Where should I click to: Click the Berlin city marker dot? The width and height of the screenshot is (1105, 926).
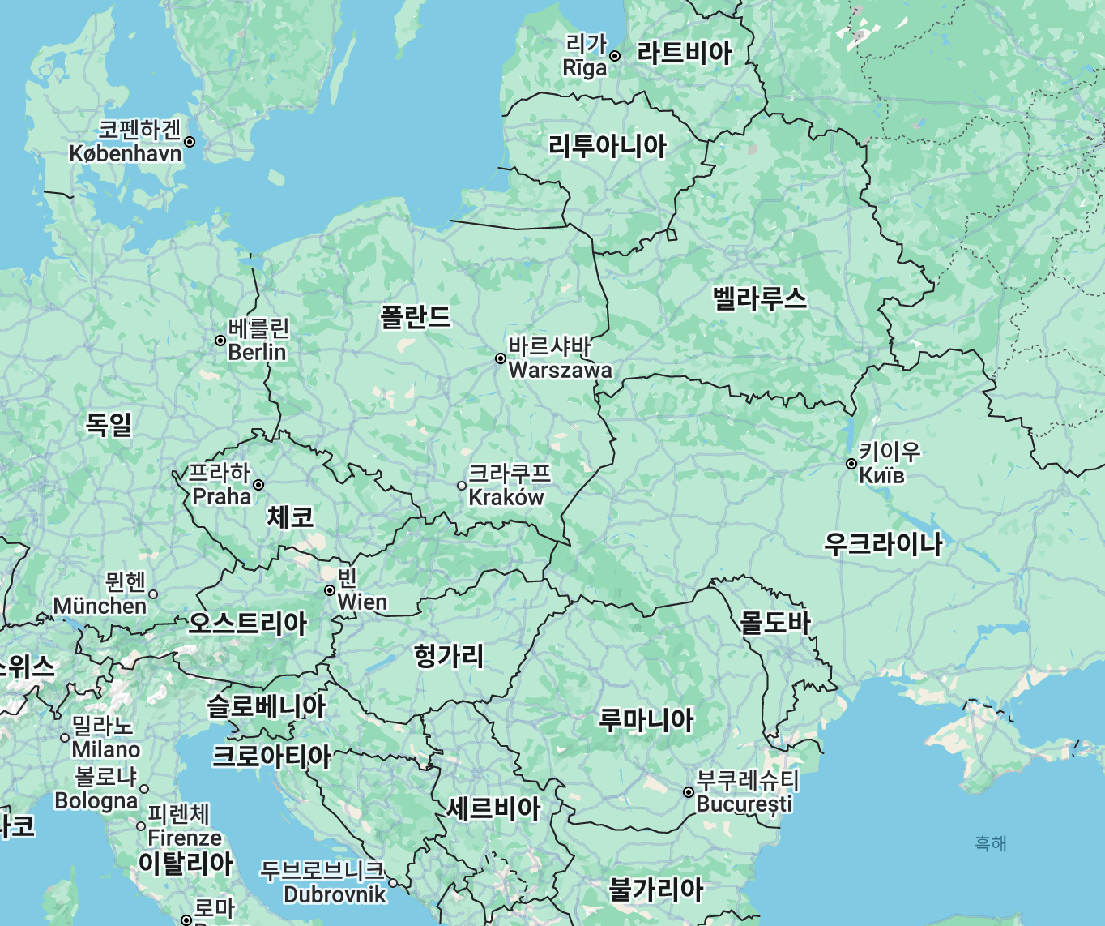click(220, 341)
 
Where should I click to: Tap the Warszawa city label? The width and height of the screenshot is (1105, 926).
click(560, 371)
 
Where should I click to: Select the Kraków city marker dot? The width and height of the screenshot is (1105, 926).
click(462, 486)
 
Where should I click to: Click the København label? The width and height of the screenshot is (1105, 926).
click(126, 153)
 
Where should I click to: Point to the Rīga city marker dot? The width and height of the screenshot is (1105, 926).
click(615, 56)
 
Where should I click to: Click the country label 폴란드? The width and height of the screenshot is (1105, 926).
click(416, 316)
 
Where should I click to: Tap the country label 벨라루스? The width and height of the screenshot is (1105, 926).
click(760, 298)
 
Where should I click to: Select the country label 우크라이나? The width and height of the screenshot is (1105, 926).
click(883, 543)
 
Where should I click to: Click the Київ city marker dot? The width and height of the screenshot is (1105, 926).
click(851, 464)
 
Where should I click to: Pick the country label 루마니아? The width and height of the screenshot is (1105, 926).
click(646, 719)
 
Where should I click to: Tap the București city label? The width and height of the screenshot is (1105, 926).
click(744, 804)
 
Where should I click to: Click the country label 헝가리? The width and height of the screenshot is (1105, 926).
click(449, 655)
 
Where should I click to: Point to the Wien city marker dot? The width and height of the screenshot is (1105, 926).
click(330, 590)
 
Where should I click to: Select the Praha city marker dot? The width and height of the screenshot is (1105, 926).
click(258, 485)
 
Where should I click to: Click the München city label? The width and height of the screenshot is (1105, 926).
click(100, 606)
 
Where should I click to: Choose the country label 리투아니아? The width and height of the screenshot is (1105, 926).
click(608, 146)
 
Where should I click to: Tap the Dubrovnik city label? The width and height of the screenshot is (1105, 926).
click(335, 894)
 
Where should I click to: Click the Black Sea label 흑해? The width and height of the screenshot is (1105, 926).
click(990, 843)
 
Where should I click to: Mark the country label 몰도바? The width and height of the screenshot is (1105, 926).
click(774, 622)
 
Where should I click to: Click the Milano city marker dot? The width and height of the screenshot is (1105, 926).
click(66, 738)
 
